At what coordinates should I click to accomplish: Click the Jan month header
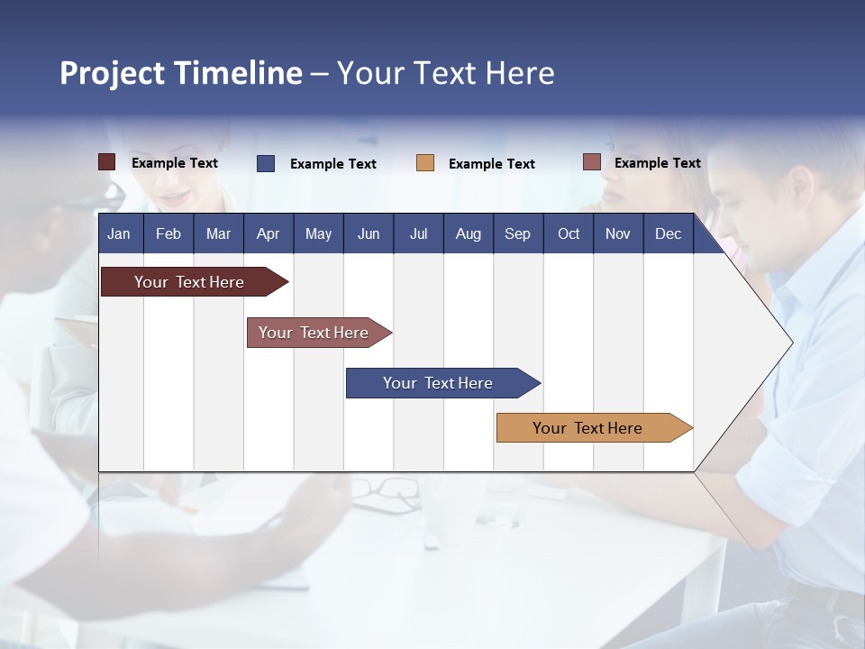point(119,233)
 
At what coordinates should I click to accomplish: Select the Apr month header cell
point(268,233)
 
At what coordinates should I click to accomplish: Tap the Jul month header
point(418,233)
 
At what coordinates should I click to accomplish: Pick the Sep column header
point(517,233)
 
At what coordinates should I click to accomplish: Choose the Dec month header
point(668,233)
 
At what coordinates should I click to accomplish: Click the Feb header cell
point(168,233)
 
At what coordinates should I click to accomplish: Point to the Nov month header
point(617,233)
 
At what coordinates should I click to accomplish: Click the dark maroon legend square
point(106,162)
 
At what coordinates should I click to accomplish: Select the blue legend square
point(266,163)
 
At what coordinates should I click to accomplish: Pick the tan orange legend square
point(425,163)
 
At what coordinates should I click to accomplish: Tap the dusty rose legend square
point(591,162)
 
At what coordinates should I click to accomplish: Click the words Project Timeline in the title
point(181,73)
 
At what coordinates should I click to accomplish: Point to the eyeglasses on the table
point(386,492)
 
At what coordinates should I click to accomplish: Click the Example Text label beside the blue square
point(332,164)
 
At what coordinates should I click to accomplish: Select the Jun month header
point(368,233)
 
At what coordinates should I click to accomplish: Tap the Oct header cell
point(568,233)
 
